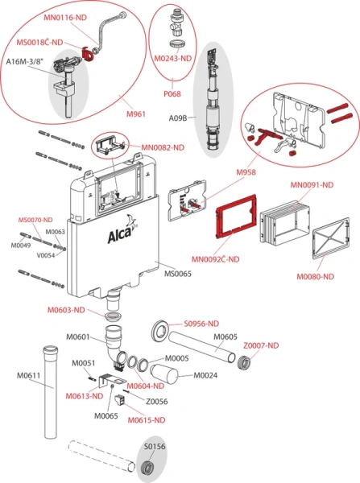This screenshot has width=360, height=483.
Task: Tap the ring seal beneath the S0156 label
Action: pyautogui.click(x=148, y=466)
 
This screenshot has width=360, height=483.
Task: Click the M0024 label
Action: pyautogui.click(x=211, y=375)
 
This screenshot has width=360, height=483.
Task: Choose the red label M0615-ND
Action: pyautogui.click(x=149, y=419)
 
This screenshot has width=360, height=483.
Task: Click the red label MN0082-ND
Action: pyautogui.click(x=163, y=147)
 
